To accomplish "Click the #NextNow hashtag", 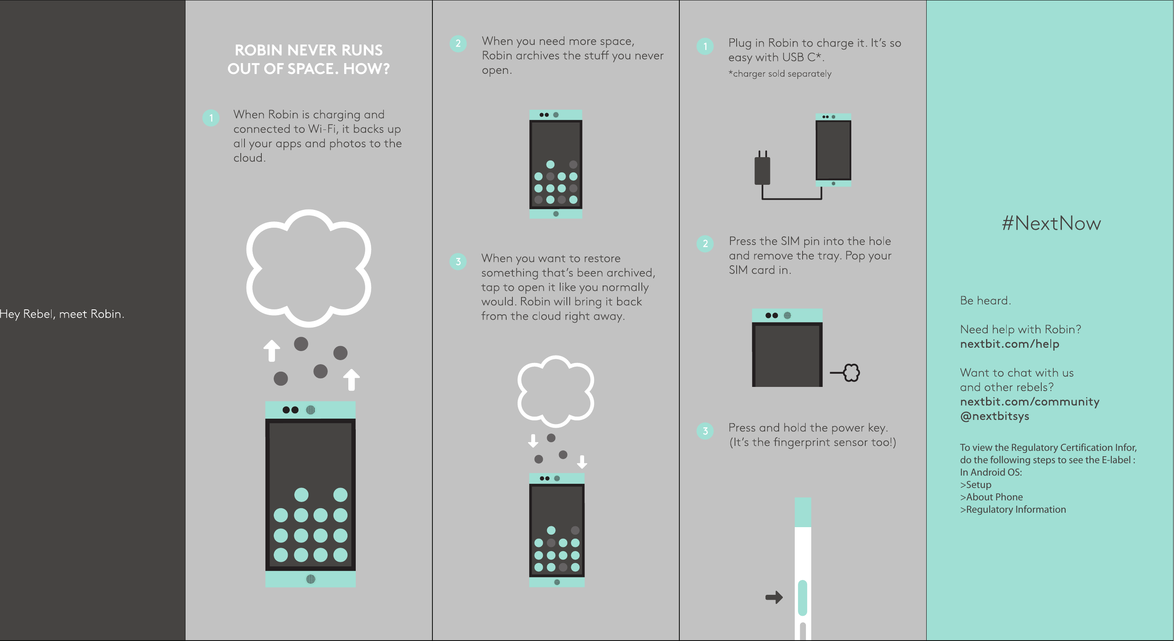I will pyautogui.click(x=1051, y=224).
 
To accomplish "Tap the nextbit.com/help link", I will pyautogui.click(x=1009, y=344).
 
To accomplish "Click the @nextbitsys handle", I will pyautogui.click(x=994, y=416).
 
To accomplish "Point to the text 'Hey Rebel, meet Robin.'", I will pyautogui.click(x=62, y=314).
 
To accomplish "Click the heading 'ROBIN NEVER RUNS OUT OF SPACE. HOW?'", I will pyautogui.click(x=308, y=59).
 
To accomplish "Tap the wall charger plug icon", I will pyautogui.click(x=762, y=170).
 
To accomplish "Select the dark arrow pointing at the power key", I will pyautogui.click(x=774, y=597).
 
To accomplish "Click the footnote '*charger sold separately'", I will pyautogui.click(x=780, y=74).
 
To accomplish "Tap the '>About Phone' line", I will pyautogui.click(x=991, y=497).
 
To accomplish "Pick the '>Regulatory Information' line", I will pyautogui.click(x=1013, y=510).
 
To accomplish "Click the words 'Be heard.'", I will pyautogui.click(x=985, y=301).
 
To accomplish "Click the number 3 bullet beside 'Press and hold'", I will pyautogui.click(x=705, y=431).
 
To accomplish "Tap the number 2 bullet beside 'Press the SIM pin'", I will pyautogui.click(x=705, y=243).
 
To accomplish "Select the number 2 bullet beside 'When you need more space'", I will pyautogui.click(x=458, y=44).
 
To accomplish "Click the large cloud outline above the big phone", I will pyautogui.click(x=308, y=268).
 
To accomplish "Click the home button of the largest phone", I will pyautogui.click(x=310, y=579).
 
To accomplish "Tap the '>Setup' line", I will pyautogui.click(x=975, y=485).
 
